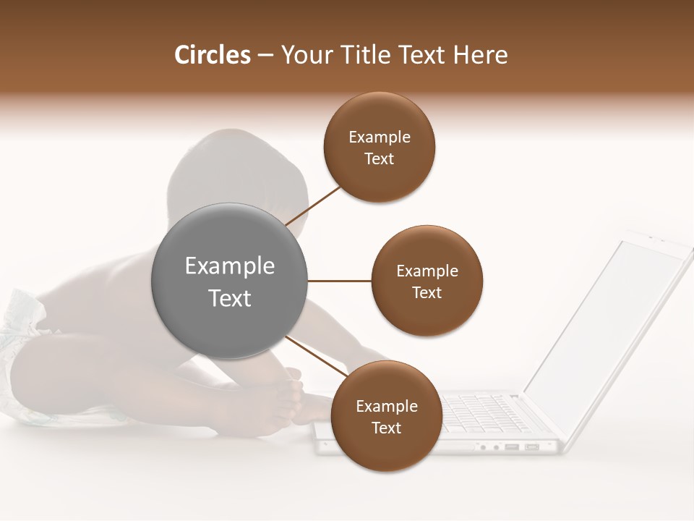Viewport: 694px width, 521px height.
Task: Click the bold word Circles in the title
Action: [212, 55]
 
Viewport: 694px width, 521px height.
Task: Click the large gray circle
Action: [230, 281]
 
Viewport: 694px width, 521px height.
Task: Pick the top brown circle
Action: [380, 147]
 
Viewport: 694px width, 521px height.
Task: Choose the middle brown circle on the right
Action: [427, 281]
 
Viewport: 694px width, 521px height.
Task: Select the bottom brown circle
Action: [387, 416]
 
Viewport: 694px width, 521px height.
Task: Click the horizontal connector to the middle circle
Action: [340, 281]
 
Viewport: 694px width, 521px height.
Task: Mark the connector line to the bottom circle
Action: [318, 358]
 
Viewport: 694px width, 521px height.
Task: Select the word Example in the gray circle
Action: [230, 266]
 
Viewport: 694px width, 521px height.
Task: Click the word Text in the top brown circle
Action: [380, 158]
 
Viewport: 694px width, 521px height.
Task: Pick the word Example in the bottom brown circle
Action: [387, 406]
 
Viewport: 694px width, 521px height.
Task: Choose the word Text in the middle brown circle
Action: [427, 292]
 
